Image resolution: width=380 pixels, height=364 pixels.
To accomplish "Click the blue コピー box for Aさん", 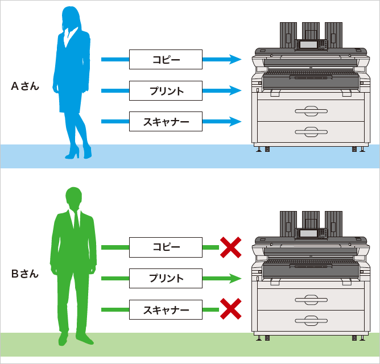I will point(166,59).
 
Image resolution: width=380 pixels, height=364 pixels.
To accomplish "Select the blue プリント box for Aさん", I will point(166,90).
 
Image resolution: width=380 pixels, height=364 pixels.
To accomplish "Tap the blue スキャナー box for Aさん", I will point(166,121).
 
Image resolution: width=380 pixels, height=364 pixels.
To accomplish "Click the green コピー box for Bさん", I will point(166,247).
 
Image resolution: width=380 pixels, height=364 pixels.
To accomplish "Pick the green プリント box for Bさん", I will point(166,279).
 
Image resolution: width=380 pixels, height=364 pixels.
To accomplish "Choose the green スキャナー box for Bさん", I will point(166,310).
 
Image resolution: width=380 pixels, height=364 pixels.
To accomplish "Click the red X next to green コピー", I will point(230,247).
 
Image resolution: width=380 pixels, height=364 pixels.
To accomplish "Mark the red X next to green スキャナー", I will point(230,310).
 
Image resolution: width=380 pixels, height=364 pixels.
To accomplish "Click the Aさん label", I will point(25,86).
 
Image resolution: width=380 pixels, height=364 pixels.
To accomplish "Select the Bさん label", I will point(25,274).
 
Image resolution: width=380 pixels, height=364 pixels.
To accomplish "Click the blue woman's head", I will point(72,17).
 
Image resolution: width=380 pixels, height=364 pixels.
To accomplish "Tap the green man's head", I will point(75,198).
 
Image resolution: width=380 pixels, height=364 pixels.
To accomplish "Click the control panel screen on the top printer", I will point(309,44).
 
